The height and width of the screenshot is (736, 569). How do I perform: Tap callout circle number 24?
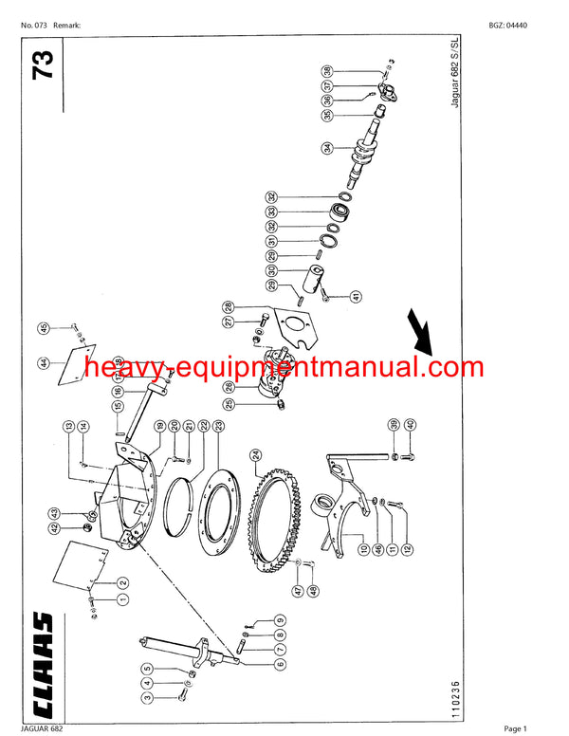(256, 455)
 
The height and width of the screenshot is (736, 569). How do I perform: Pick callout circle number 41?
(356, 295)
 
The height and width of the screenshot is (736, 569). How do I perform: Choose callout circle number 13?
(69, 425)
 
